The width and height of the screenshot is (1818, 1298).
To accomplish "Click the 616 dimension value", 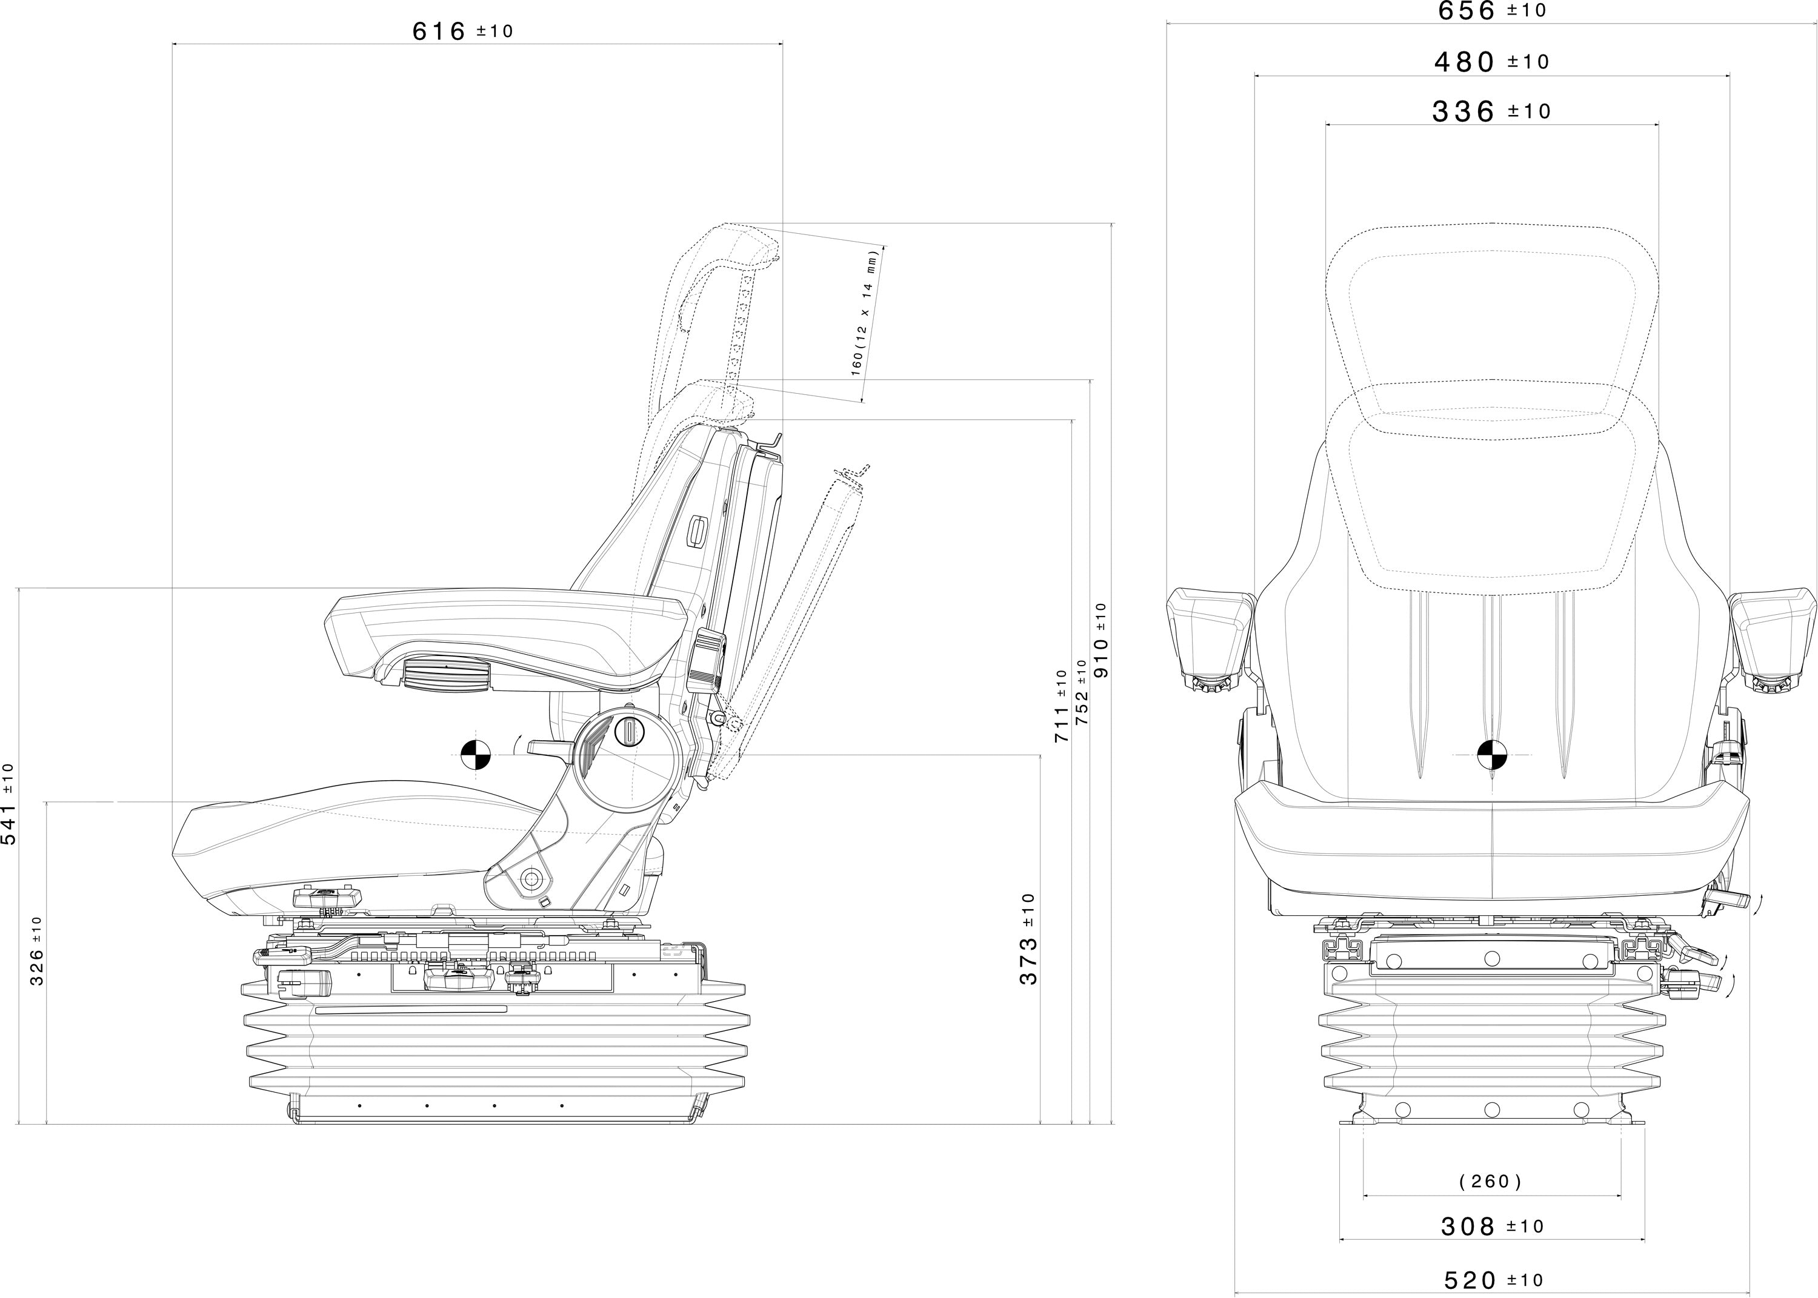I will pyautogui.click(x=439, y=31).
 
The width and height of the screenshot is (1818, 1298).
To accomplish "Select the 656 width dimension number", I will pyautogui.click(x=1467, y=10).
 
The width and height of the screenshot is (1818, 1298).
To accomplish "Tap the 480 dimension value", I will pyautogui.click(x=1464, y=62).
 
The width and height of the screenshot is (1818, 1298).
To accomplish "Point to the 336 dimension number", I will pyautogui.click(x=1463, y=111).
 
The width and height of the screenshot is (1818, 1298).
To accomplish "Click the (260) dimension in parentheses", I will pyautogui.click(x=1490, y=1181).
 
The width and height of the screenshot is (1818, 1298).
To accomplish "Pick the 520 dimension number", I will pyautogui.click(x=1470, y=1280).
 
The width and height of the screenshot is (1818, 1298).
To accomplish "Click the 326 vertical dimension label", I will pyautogui.click(x=38, y=962).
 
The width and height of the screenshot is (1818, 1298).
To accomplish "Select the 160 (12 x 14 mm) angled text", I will pyautogui.click(x=865, y=312).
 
